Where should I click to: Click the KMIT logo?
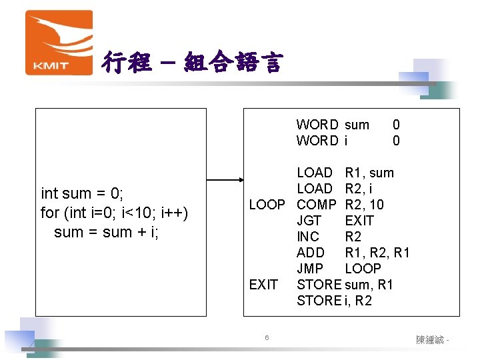(59, 42)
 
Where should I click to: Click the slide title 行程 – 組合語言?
(192, 63)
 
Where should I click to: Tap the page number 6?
(266, 338)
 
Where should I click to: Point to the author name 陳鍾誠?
(430, 340)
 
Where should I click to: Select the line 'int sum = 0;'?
(82, 194)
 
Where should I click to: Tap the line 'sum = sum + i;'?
(106, 232)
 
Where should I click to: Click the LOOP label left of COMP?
(267, 205)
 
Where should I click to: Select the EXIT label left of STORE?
(263, 285)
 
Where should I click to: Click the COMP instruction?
(316, 205)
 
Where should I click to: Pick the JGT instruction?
(309, 221)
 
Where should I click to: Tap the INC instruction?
(307, 237)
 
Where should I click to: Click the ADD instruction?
(310, 253)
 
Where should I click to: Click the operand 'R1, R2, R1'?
(377, 253)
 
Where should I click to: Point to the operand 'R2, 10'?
(364, 205)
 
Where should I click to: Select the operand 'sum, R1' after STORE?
(369, 285)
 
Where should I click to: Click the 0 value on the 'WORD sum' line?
(396, 124)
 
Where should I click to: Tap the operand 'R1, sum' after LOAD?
(369, 173)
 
